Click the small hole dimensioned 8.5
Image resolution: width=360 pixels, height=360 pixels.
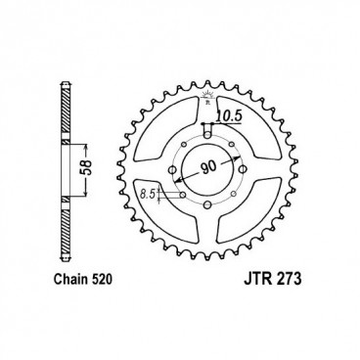pos(184,194)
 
